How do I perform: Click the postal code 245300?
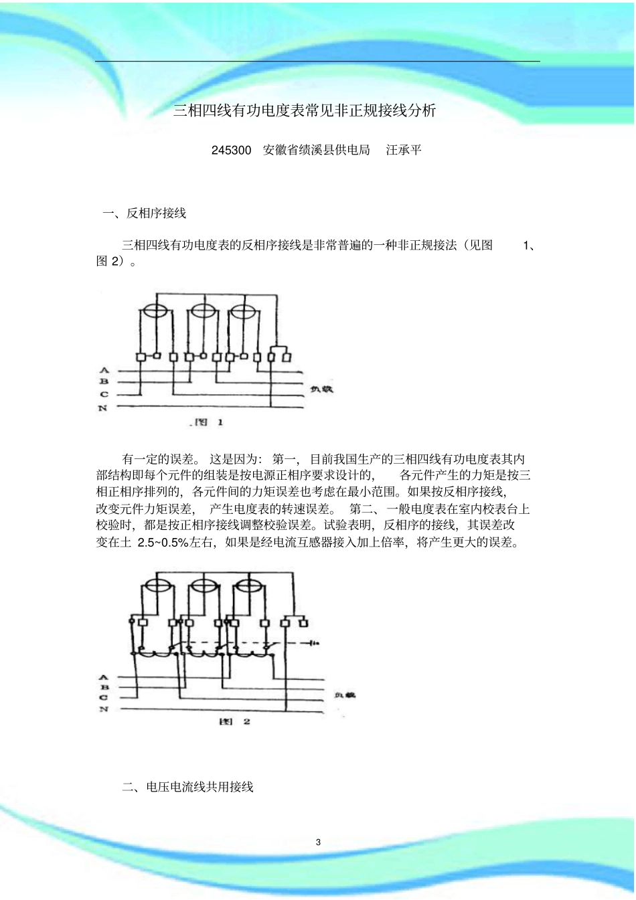231,150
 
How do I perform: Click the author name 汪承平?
404,150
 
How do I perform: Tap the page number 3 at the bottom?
318,842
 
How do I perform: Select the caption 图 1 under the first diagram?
208,422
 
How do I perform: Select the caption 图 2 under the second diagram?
235,721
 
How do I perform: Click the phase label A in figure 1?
104,370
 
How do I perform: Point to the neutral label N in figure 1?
103,408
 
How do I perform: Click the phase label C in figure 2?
104,697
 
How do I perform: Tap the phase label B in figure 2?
104,687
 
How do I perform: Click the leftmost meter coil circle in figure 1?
155,311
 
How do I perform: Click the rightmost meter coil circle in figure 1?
243,311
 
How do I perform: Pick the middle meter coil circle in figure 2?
203,586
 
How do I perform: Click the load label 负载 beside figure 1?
322,389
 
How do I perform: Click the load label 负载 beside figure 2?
345,695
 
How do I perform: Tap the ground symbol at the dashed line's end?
312,643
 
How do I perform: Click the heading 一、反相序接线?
145,213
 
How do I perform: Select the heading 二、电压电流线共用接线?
187,787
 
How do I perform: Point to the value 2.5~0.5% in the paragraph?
163,542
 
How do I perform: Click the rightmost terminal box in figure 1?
287,357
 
